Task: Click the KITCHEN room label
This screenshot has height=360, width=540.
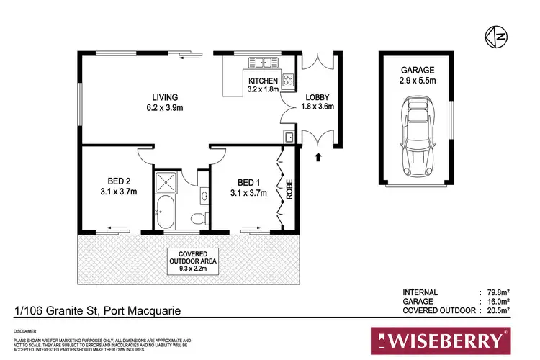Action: [x=263, y=81]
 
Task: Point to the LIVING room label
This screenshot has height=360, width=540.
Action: [x=165, y=97]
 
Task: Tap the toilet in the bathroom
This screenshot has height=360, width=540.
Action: [x=199, y=217]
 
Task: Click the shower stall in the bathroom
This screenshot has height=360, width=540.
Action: [x=167, y=181]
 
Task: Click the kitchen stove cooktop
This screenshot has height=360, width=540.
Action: [x=289, y=79]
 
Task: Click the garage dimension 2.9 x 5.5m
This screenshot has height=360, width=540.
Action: [x=418, y=81]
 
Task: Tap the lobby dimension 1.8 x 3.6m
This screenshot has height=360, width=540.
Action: [x=318, y=107]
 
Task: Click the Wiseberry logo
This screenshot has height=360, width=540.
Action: [x=440, y=338]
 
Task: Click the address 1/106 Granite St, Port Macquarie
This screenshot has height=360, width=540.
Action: [x=97, y=311]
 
